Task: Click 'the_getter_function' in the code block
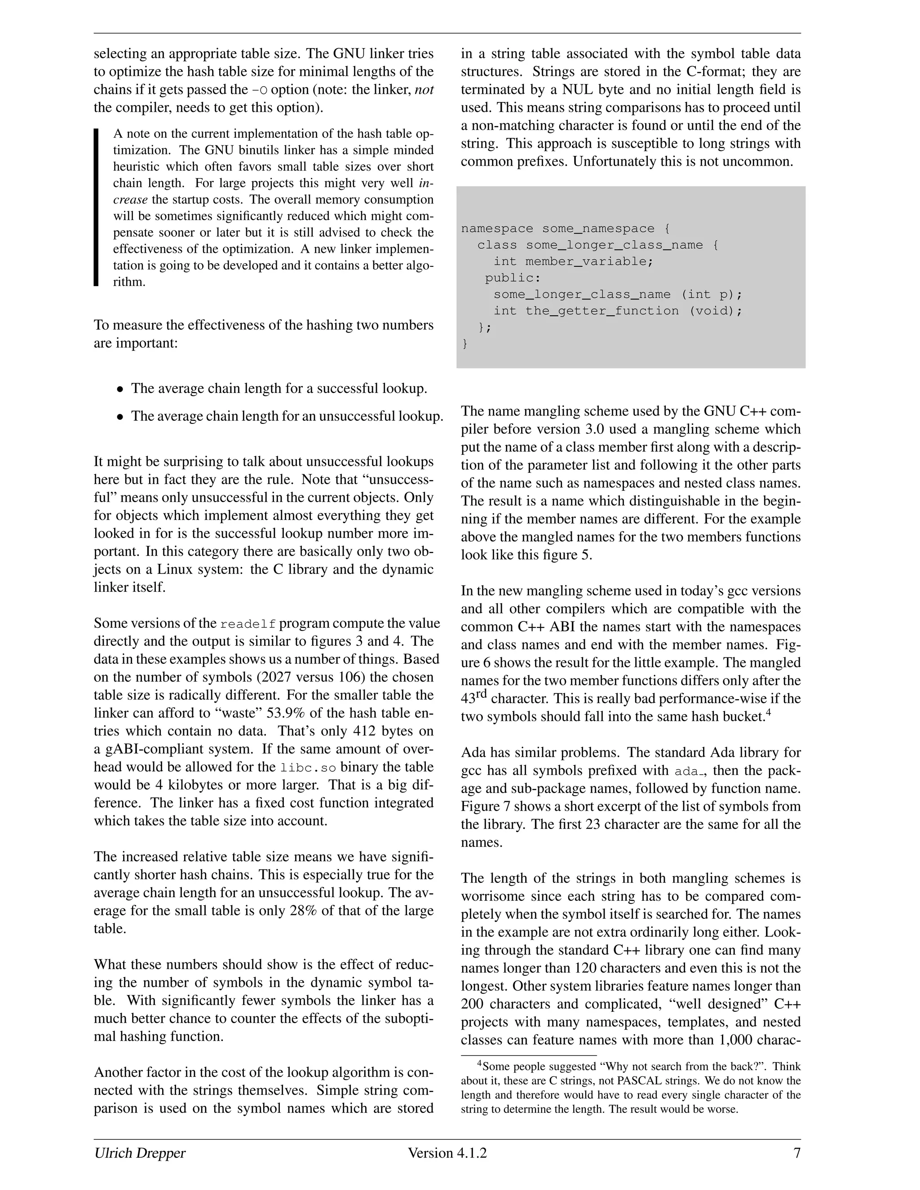[x=602, y=311]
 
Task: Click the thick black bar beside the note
[x=97, y=207]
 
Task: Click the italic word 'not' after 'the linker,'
[x=424, y=89]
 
